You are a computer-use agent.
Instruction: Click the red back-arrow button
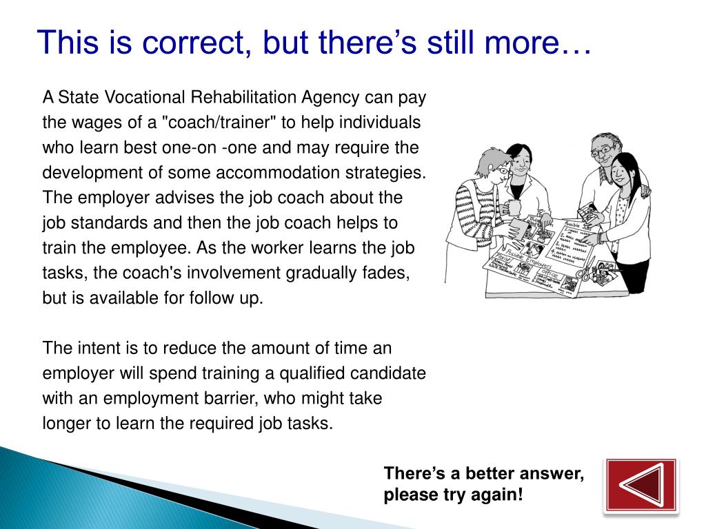(641, 486)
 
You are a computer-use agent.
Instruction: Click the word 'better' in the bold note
(494, 474)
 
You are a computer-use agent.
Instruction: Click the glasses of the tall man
(601, 149)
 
